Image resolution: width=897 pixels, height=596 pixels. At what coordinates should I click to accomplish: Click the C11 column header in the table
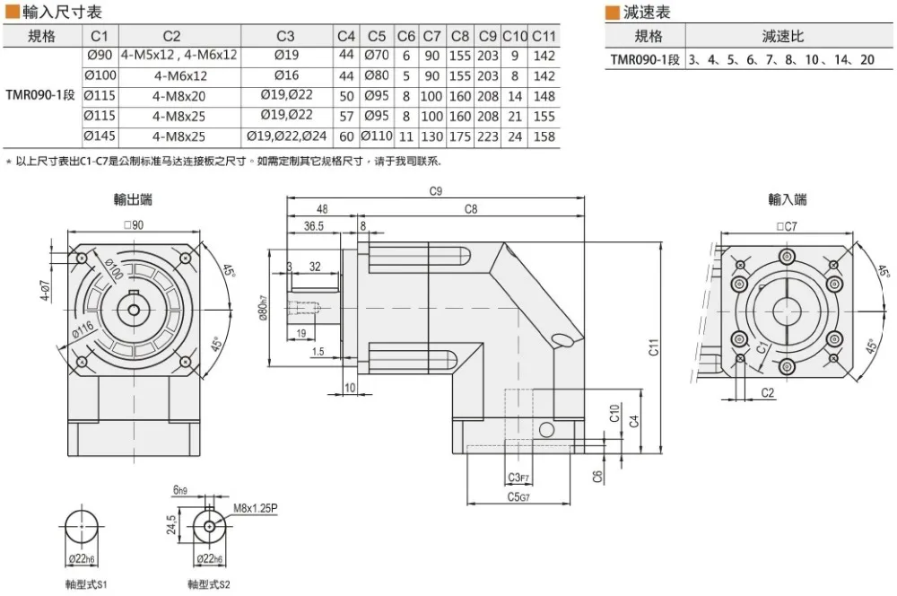pos(544,36)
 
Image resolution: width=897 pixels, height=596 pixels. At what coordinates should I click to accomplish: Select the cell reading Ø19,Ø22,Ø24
pos(287,136)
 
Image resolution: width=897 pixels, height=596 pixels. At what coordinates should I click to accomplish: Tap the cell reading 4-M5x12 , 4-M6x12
pos(179,55)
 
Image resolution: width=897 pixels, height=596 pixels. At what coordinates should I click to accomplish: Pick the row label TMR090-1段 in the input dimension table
pos(40,95)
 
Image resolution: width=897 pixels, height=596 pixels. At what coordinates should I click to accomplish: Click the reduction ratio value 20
pos(867,59)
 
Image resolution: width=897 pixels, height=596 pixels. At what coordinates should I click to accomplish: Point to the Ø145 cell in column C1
pos(100,136)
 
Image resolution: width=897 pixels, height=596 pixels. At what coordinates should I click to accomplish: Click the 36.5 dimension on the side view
pos(313,226)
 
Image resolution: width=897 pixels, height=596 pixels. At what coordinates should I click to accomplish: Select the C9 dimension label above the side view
pos(436,190)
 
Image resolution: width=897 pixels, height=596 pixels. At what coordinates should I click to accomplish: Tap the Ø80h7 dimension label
pos(263,308)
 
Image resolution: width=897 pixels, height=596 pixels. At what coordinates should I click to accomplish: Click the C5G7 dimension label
pos(518,497)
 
